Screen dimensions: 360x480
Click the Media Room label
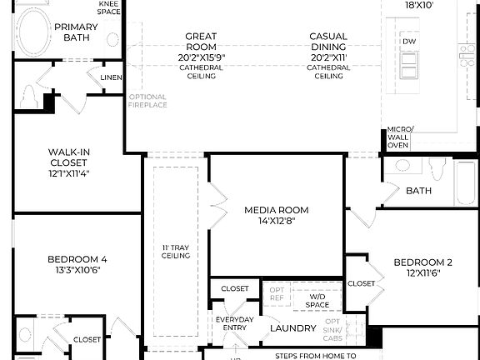(276, 210)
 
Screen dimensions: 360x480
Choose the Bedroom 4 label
(76, 259)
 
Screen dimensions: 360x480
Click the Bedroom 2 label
(422, 263)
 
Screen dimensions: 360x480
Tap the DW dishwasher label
(408, 41)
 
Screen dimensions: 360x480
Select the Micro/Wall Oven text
(398, 137)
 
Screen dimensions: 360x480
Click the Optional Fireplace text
(148, 101)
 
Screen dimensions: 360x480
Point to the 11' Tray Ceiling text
(176, 251)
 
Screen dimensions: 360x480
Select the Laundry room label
(293, 328)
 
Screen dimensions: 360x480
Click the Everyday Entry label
(234, 324)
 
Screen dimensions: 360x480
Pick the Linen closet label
(111, 77)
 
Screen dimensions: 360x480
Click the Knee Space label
(109, 7)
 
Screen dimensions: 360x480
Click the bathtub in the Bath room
(465, 182)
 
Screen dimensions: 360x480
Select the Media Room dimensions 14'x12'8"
(276, 221)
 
